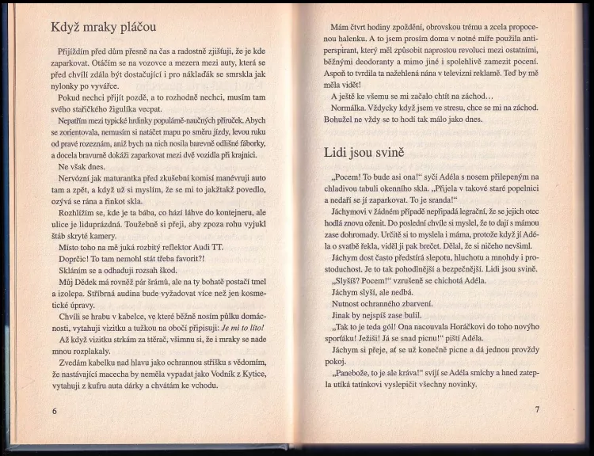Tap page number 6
tap(55, 410)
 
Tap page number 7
tap(536, 409)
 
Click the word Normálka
tap(352, 108)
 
